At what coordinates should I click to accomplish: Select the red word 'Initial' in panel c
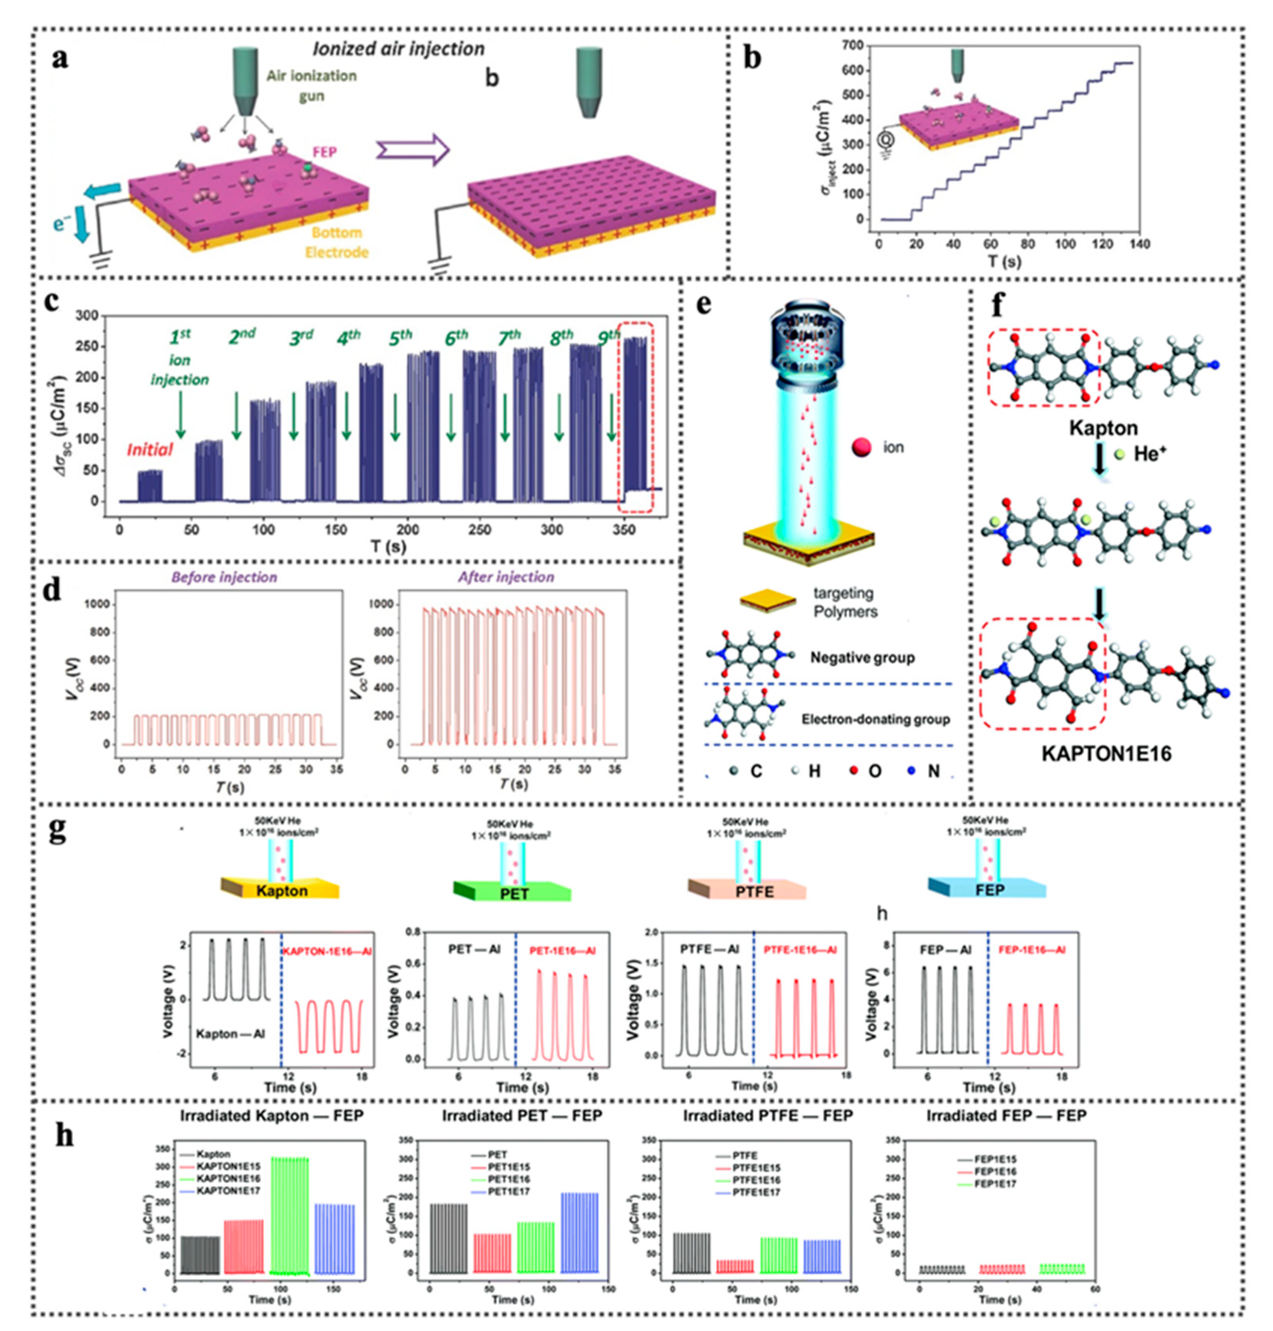click(149, 449)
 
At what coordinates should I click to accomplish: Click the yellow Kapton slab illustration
click(281, 889)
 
